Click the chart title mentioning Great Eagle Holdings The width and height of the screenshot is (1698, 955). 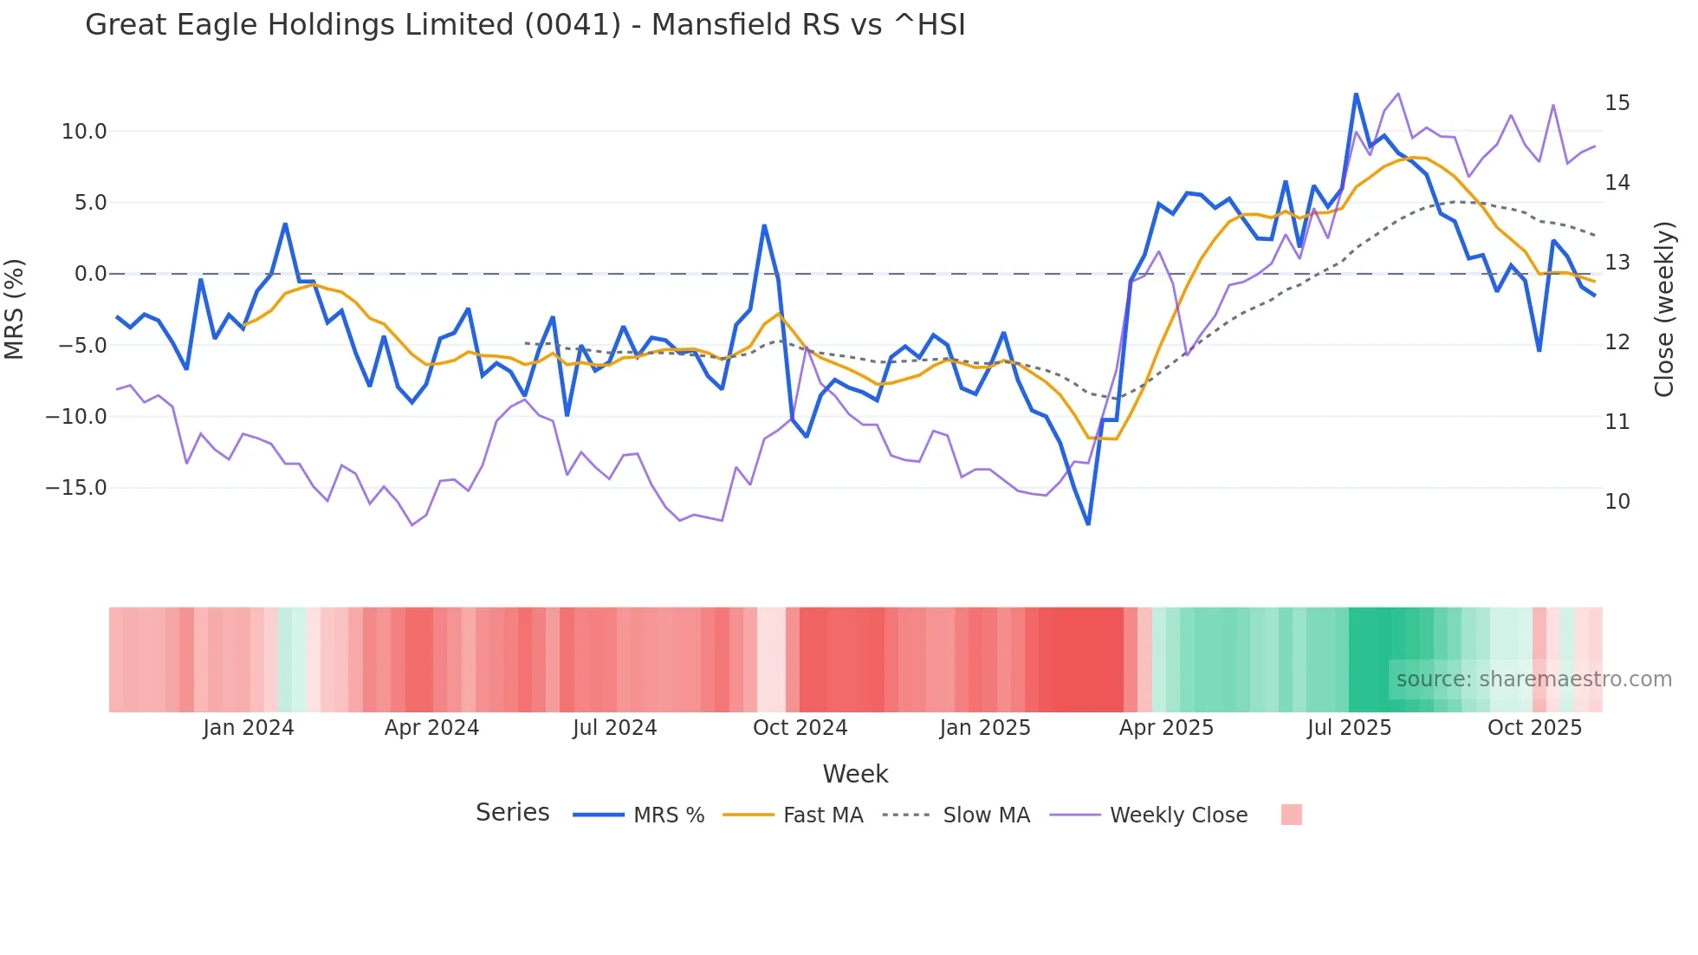tap(525, 25)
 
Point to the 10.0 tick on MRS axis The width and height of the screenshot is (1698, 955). tap(83, 132)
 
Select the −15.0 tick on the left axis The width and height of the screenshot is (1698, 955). tap(76, 488)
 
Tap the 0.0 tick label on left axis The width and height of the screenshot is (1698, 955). tap(90, 274)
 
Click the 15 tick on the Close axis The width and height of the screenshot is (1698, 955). tap(1617, 103)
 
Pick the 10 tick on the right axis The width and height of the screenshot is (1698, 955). tap(1617, 502)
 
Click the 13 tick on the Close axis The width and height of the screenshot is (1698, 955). tap(1617, 263)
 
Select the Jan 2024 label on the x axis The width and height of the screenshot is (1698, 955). tap(249, 728)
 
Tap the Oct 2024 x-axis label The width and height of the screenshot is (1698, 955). tap(800, 728)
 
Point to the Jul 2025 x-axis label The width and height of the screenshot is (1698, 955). tap(1349, 728)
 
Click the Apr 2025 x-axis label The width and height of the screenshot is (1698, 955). tap(1166, 728)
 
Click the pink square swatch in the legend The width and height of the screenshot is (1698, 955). tap(1291, 815)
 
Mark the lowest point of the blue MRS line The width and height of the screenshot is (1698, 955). tap(1088, 523)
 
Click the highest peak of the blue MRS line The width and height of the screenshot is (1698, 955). tap(1356, 94)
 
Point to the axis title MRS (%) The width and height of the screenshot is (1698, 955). tap(15, 309)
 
